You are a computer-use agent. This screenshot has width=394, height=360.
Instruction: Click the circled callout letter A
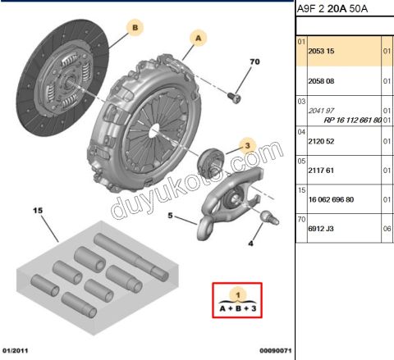199,37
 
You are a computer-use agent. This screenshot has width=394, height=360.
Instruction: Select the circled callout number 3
245,146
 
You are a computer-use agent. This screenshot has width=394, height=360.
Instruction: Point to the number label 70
254,62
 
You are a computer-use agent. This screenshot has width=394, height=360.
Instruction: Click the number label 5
171,216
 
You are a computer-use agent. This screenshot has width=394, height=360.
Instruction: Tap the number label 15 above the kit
35,210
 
